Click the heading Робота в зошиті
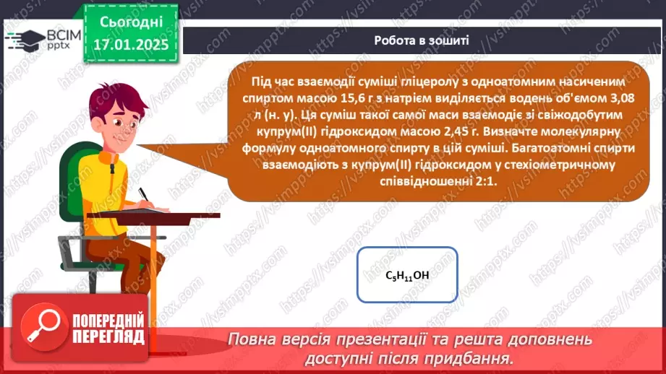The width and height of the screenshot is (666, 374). click(x=422, y=40)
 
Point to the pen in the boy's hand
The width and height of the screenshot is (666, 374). click(x=144, y=193)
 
